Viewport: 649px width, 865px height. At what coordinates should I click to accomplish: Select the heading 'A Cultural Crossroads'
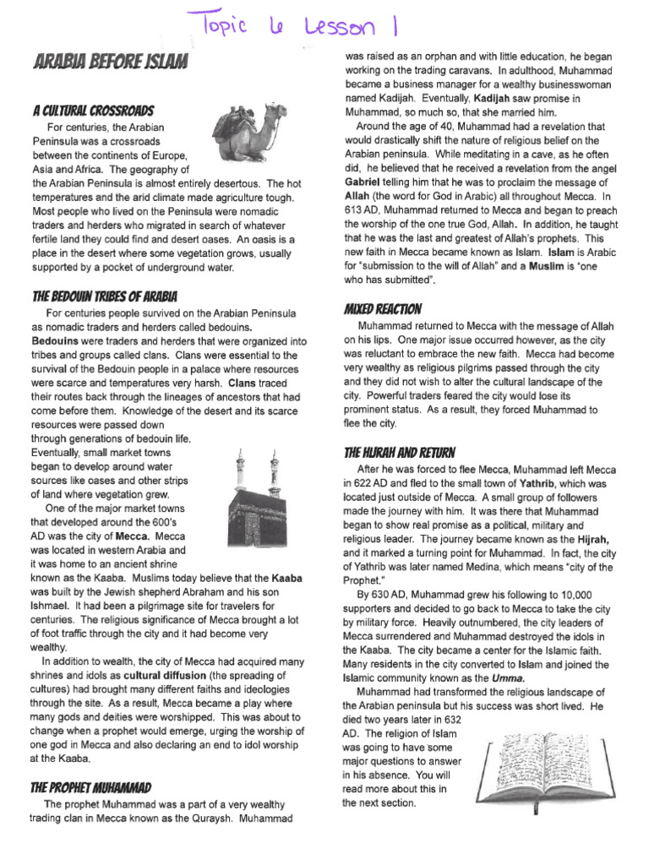tap(93, 110)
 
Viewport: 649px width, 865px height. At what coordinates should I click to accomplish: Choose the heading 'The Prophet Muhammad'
tap(91, 786)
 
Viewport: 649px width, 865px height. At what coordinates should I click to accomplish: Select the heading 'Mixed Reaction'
tap(383, 307)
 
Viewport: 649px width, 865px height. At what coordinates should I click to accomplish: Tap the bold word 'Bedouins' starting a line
tap(56, 340)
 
